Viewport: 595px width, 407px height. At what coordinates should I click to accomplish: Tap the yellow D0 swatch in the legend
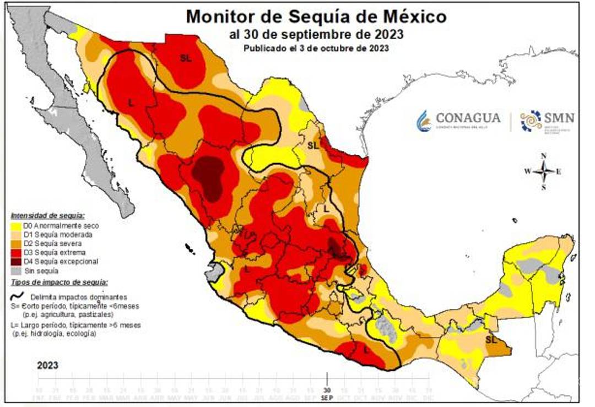click(17, 226)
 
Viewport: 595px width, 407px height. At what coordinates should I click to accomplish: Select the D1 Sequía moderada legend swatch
click(17, 235)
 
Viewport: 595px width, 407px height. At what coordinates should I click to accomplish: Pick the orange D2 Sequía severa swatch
click(17, 243)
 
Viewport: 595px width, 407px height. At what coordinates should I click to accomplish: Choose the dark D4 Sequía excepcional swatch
click(17, 262)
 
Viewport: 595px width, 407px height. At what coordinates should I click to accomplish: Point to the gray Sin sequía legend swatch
click(17, 270)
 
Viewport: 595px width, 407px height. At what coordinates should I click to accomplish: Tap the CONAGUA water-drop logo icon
click(424, 120)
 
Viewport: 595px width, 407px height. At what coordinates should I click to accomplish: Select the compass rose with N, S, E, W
click(543, 171)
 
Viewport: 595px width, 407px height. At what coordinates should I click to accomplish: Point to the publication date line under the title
click(316, 48)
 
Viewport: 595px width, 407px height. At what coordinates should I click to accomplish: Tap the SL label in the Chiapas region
click(490, 340)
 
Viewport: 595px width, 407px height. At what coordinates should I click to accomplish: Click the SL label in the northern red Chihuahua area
click(186, 57)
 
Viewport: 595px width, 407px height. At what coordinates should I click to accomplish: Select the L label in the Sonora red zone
click(131, 102)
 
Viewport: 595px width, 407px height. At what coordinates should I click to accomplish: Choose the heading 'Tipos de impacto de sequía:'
click(59, 282)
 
